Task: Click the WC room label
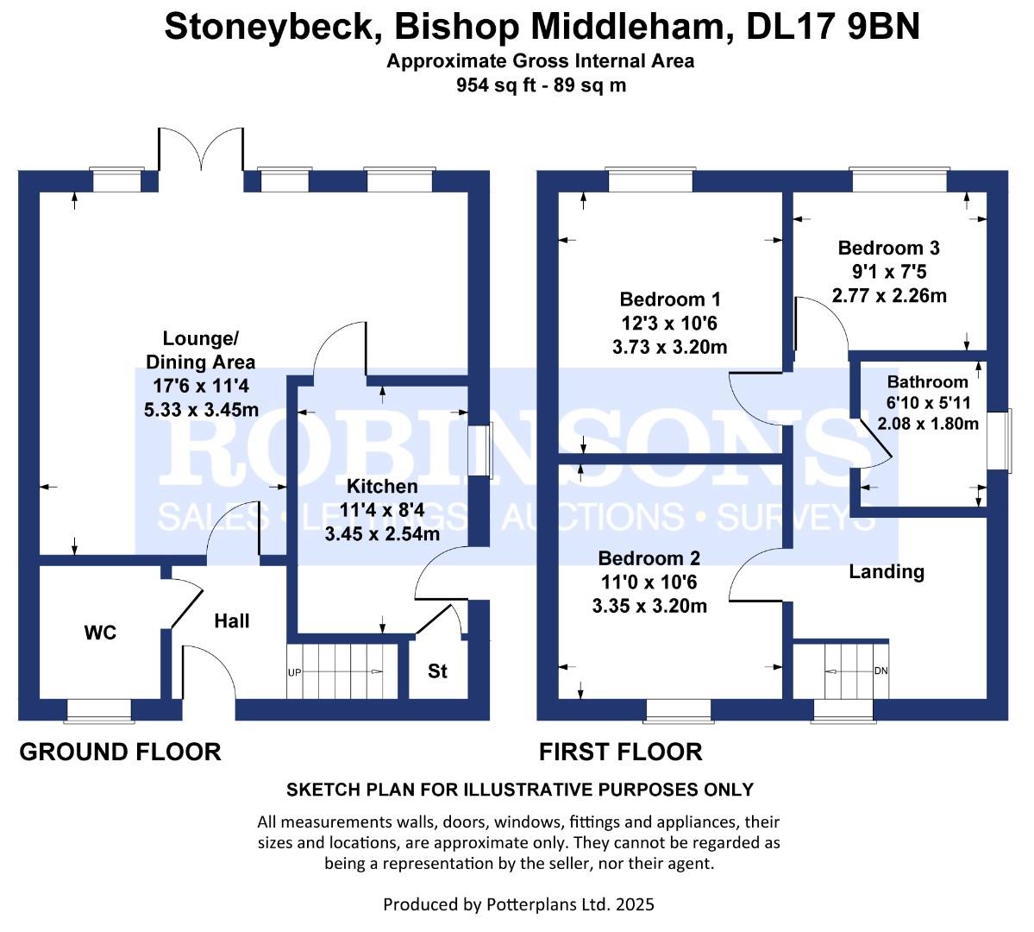click(x=100, y=633)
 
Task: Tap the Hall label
click(x=231, y=620)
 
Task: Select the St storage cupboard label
click(x=438, y=671)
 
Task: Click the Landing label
click(x=886, y=571)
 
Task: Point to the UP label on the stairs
click(x=294, y=672)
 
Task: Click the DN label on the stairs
click(x=880, y=671)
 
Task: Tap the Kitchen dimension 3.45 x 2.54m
click(x=382, y=534)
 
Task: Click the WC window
click(x=99, y=708)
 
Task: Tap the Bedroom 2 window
click(x=679, y=708)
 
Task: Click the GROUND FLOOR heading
click(x=120, y=752)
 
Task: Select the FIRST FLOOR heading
click(x=620, y=752)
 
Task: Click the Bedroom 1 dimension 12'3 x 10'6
click(x=669, y=324)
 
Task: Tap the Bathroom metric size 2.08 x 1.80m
click(x=927, y=424)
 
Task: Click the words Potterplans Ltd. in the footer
click(x=536, y=904)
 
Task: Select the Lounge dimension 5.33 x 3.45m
click(x=201, y=409)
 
